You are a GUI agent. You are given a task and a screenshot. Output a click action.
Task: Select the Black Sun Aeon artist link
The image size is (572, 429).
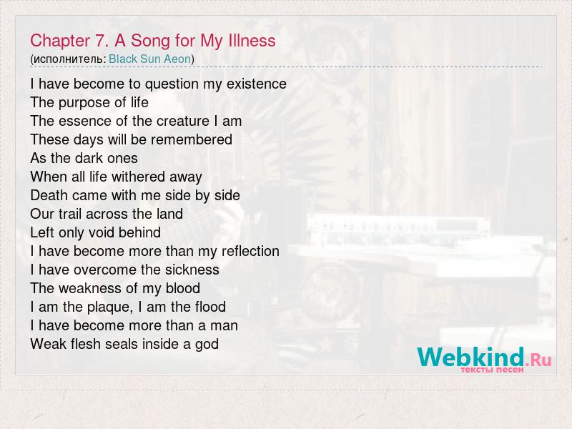point(150,59)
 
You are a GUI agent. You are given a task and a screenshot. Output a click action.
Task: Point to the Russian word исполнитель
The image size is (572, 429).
point(68,59)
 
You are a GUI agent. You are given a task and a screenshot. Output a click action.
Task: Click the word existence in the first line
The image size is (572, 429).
point(257,84)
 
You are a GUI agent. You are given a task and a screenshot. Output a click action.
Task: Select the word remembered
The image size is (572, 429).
point(192,139)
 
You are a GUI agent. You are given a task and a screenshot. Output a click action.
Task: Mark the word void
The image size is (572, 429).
point(101,232)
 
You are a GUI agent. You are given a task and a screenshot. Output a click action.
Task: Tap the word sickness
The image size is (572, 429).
point(192,270)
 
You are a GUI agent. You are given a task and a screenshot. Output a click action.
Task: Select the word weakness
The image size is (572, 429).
point(90,288)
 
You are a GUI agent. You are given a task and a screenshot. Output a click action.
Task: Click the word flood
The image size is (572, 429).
point(210,307)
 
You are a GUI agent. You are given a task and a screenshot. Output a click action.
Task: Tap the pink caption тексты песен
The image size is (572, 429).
point(492,370)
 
